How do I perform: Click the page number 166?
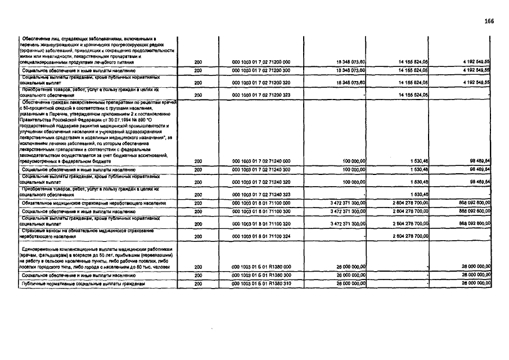pyautogui.click(x=489, y=21)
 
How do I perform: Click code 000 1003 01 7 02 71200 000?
pyautogui.click(x=261, y=61)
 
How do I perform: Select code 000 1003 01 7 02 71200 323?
pyautogui.click(x=261, y=96)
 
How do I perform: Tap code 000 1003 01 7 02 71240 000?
pyautogui.click(x=261, y=161)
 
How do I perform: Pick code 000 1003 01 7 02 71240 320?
pyautogui.click(x=261, y=182)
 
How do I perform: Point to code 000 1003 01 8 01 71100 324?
pyautogui.click(x=261, y=237)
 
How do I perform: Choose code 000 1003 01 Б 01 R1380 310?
pyautogui.click(x=261, y=284)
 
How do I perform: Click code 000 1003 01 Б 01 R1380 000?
pyautogui.click(x=261, y=267)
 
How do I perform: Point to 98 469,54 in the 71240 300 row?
pyautogui.click(x=479, y=169)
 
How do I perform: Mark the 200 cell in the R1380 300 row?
pyautogui.click(x=198, y=276)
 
